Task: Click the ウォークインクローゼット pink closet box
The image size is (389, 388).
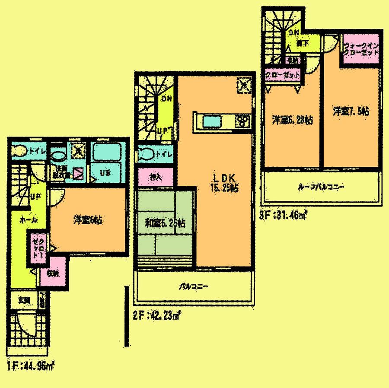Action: click(361, 49)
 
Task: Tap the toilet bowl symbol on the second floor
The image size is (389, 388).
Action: click(147, 153)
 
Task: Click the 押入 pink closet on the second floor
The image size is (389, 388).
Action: click(156, 177)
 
